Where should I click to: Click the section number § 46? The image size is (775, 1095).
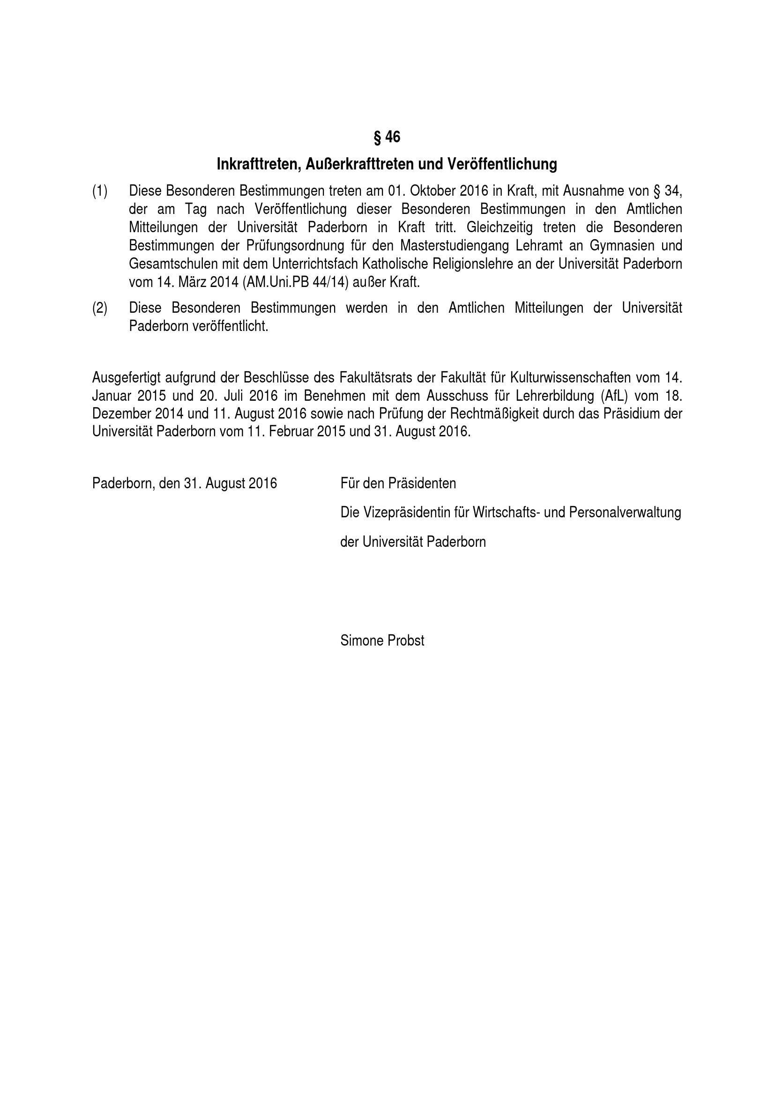[x=387, y=137]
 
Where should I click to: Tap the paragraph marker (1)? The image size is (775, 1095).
[x=100, y=191]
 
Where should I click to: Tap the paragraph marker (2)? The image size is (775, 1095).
[x=100, y=308]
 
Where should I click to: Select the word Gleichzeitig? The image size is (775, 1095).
[x=500, y=228]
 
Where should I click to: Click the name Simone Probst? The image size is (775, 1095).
[x=382, y=640]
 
